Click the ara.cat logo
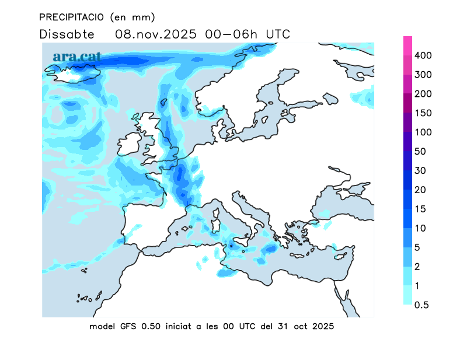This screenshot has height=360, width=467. pyautogui.click(x=77, y=57)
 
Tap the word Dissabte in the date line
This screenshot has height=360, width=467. pyautogui.click(x=67, y=34)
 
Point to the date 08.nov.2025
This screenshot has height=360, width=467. pyautogui.click(x=156, y=34)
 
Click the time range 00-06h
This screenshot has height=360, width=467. pyautogui.click(x=233, y=34)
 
